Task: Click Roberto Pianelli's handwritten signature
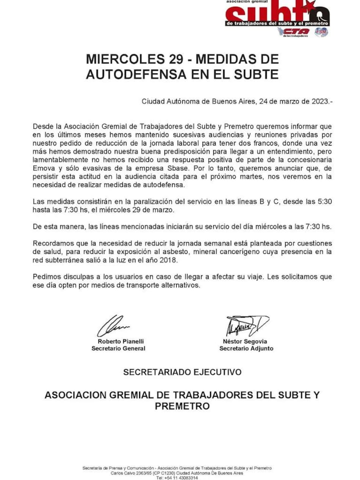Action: pyautogui.click(x=113, y=326)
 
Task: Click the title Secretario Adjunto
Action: pyautogui.click(x=246, y=349)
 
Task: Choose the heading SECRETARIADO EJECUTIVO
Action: pyautogui.click(x=182, y=372)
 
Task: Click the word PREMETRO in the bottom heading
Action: pyautogui.click(x=182, y=406)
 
